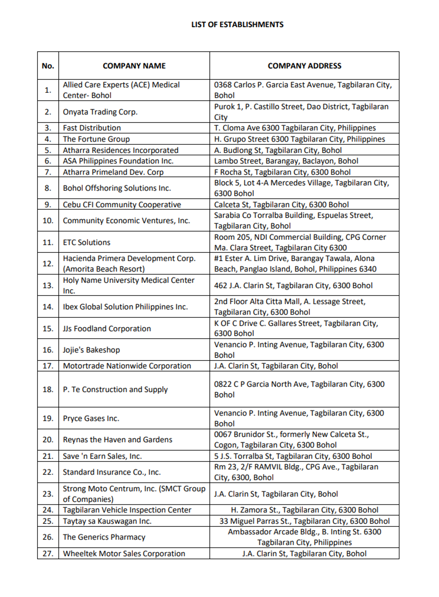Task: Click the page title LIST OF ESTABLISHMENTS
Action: point(237,25)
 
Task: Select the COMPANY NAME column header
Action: point(134,66)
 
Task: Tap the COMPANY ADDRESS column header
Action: point(304,66)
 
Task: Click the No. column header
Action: point(48,66)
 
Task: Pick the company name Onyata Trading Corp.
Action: point(100,112)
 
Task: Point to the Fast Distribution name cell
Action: point(91,128)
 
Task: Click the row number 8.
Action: point(48,188)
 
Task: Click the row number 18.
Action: point(48,390)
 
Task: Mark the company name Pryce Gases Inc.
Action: point(91,419)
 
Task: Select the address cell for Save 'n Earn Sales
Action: point(293,456)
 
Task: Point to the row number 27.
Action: point(48,554)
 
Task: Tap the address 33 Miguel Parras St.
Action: point(304,521)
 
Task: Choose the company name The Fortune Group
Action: point(96,139)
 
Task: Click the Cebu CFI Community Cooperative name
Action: point(122,205)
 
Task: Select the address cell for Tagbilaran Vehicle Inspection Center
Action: point(304,510)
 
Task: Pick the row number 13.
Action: point(48,286)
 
